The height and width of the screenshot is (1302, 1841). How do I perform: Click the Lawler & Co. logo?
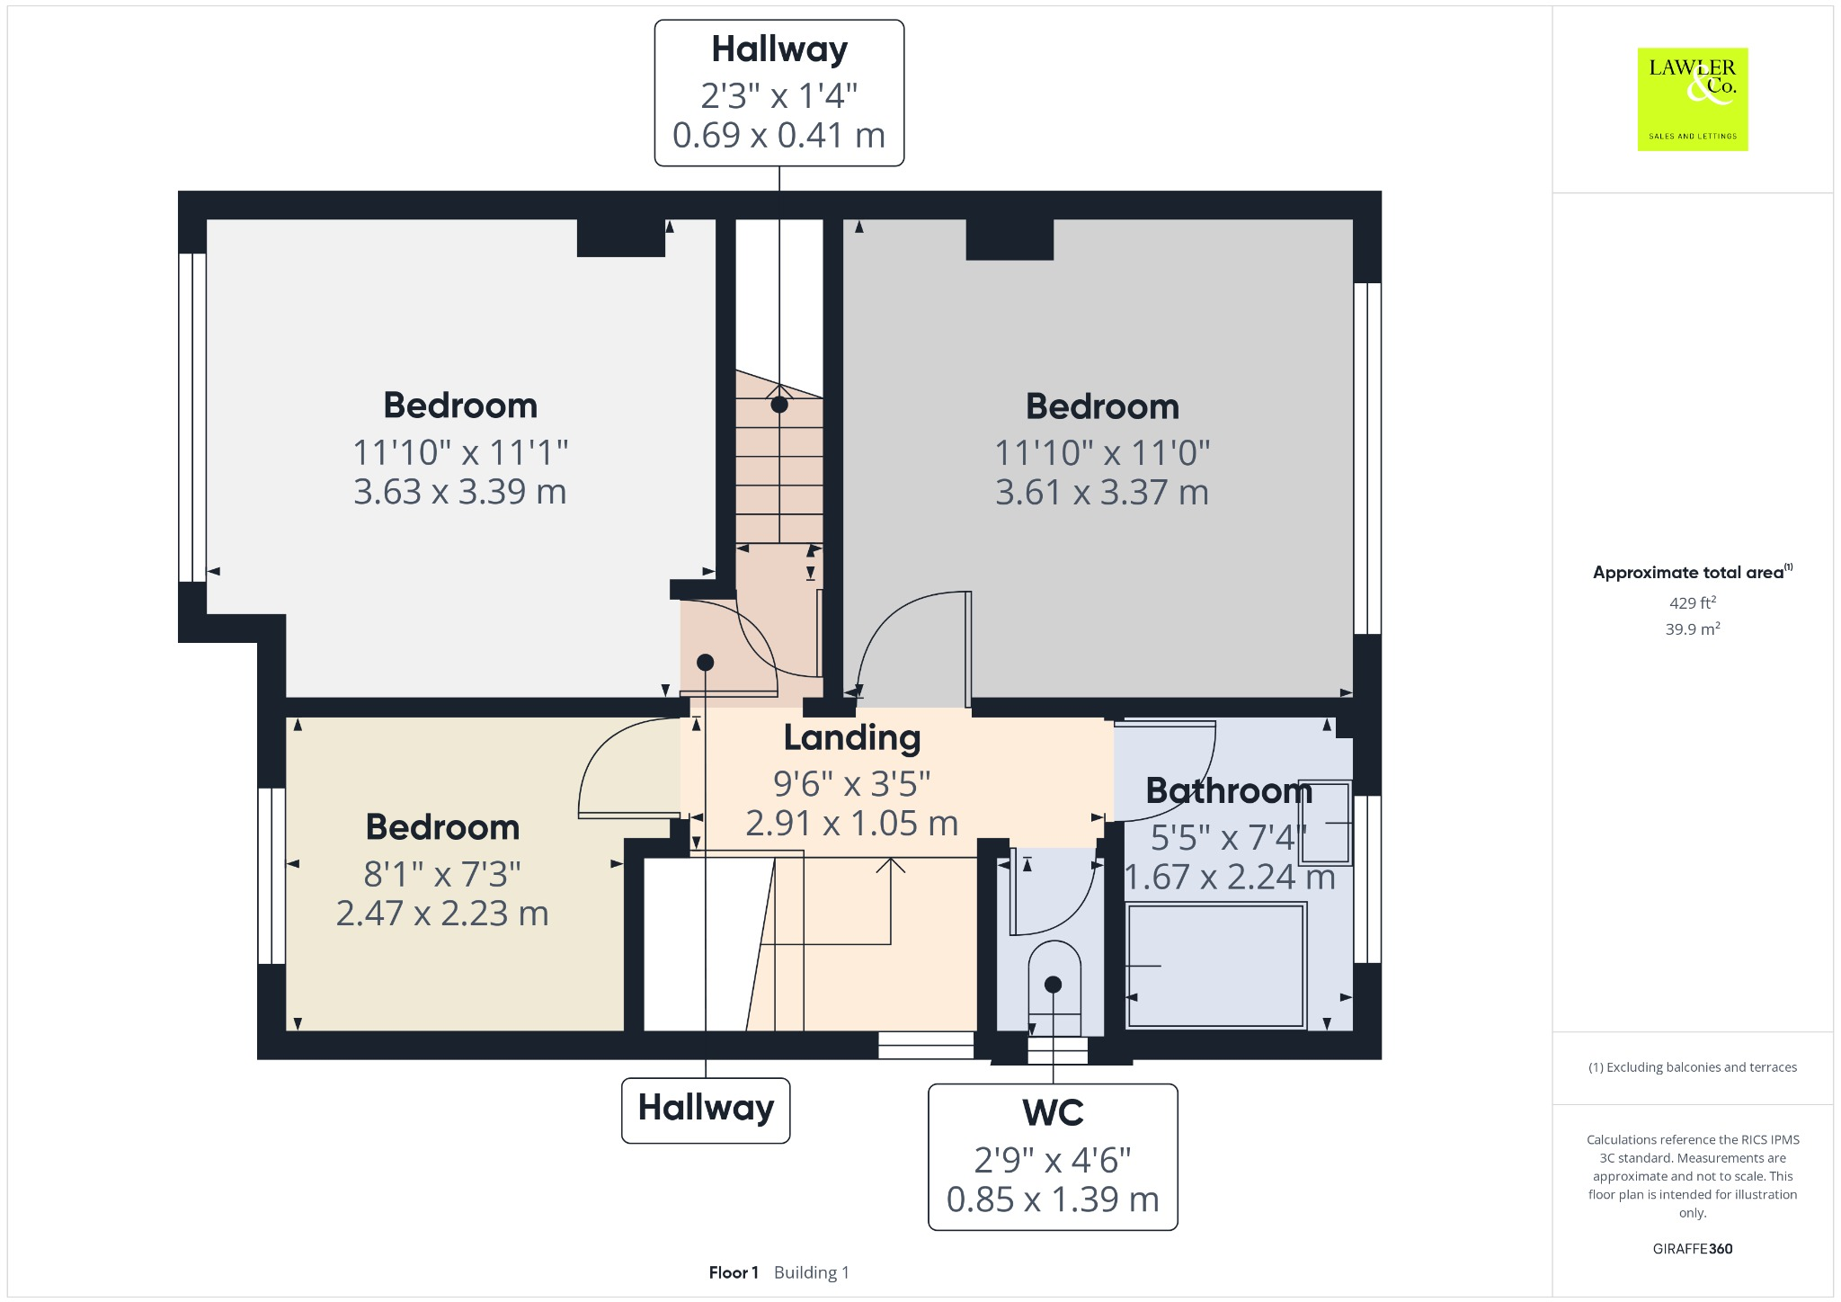point(1692,99)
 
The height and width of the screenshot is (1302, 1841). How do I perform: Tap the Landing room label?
point(852,737)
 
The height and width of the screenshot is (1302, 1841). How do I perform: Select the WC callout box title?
point(1053,1113)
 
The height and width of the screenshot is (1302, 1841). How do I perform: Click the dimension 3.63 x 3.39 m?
point(459,492)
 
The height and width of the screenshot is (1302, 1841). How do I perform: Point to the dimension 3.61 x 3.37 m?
point(1101,493)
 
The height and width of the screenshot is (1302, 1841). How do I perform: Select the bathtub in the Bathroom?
point(1214,966)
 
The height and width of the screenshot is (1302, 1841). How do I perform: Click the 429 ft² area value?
point(1692,603)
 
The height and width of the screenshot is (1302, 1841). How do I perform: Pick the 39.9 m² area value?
point(1692,629)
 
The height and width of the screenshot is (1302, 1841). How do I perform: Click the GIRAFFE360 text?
point(1692,1249)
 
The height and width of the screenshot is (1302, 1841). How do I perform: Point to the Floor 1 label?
point(734,1272)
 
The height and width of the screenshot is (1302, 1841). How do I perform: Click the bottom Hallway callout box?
point(706,1110)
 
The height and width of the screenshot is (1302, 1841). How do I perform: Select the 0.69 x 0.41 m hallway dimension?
point(778,135)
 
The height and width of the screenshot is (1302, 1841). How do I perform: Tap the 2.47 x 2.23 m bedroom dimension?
point(442,914)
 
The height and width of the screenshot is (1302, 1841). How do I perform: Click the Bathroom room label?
point(1229,791)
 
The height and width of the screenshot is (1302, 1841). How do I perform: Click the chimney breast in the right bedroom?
point(1009,240)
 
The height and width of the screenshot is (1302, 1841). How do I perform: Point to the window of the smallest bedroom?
point(271,877)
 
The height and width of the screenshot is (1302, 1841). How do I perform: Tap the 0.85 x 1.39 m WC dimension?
point(1053,1199)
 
